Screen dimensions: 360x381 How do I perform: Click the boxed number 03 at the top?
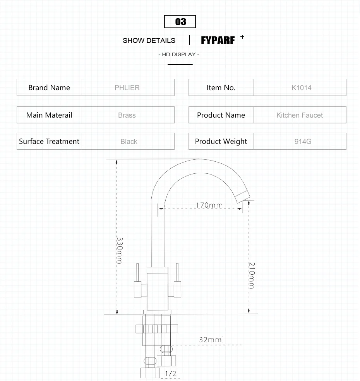click(180, 22)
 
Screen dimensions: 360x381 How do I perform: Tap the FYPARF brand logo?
click(218, 41)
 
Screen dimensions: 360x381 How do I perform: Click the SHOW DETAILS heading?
click(149, 41)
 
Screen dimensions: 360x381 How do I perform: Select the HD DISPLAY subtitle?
click(179, 55)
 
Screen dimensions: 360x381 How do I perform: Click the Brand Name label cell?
click(49, 87)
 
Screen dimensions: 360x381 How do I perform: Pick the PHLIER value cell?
click(128, 87)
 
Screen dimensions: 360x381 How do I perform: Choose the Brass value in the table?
click(127, 115)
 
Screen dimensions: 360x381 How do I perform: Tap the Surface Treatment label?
click(49, 142)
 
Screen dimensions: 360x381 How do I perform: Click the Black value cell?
click(128, 141)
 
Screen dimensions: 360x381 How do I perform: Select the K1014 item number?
click(302, 88)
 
